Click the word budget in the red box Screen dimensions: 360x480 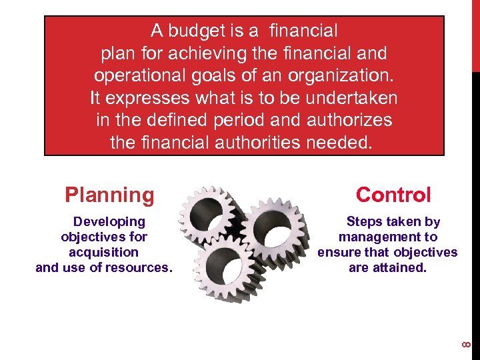[197, 31]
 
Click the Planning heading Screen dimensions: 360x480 [109, 195]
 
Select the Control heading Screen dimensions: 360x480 [393, 195]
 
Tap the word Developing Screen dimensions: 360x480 [109, 221]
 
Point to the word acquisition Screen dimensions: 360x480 [103, 252]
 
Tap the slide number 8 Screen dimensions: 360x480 [467, 344]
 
